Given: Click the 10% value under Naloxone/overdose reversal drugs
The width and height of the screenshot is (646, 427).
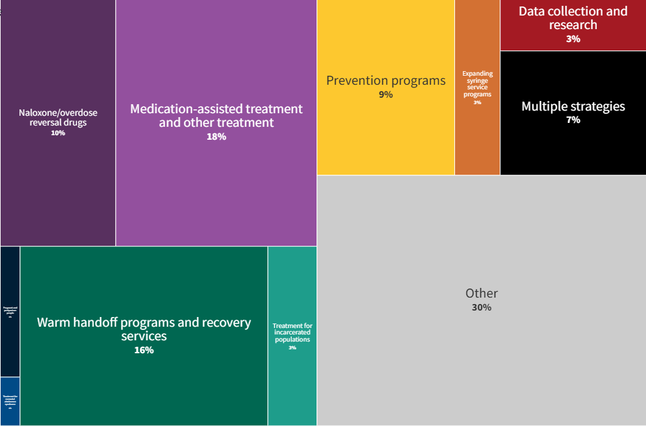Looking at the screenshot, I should tap(58, 133).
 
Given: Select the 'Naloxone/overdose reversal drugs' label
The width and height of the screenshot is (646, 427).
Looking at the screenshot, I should tap(58, 118).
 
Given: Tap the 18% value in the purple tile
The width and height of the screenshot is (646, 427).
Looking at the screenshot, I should tap(216, 137).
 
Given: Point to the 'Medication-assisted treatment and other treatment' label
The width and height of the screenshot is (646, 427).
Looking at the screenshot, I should tap(216, 115).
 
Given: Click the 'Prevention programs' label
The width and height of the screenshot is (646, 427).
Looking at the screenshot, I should tap(386, 81).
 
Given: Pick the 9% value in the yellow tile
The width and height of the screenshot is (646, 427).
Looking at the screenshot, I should tap(386, 94).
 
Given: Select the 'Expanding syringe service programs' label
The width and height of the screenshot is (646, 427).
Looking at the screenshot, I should tap(477, 84).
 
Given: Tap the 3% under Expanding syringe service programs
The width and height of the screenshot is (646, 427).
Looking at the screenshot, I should tap(477, 102).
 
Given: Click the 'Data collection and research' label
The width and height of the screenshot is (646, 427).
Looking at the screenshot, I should tap(573, 18).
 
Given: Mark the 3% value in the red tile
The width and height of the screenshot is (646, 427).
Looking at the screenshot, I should tap(573, 39).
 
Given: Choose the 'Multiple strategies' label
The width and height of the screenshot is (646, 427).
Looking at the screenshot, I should tap(573, 106).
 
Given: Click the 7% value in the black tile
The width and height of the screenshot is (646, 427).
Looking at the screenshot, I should tap(573, 120).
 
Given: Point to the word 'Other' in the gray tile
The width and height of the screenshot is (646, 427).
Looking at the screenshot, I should tap(482, 294).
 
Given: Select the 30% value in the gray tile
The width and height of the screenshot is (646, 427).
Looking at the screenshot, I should tap(482, 307).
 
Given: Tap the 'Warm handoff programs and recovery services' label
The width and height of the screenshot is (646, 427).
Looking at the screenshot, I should tap(144, 329).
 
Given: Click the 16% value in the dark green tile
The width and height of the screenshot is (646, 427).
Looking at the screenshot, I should tap(144, 350).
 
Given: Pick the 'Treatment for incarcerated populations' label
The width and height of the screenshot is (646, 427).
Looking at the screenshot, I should tap(292, 333).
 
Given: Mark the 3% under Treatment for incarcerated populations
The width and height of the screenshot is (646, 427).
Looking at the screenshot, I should tap(292, 348).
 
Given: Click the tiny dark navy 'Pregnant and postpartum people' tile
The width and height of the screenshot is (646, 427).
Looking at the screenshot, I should tap(10, 311).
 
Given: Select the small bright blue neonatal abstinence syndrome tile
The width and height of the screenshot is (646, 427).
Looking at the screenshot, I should tap(10, 400).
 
